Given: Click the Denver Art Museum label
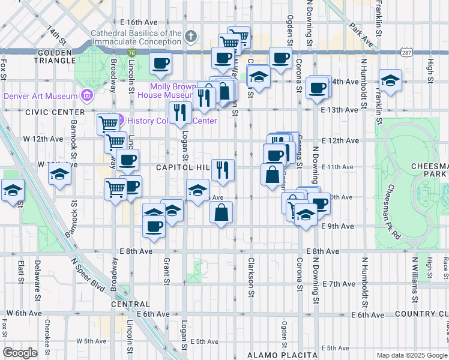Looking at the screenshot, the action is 40,96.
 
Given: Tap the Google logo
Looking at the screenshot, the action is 20,353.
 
